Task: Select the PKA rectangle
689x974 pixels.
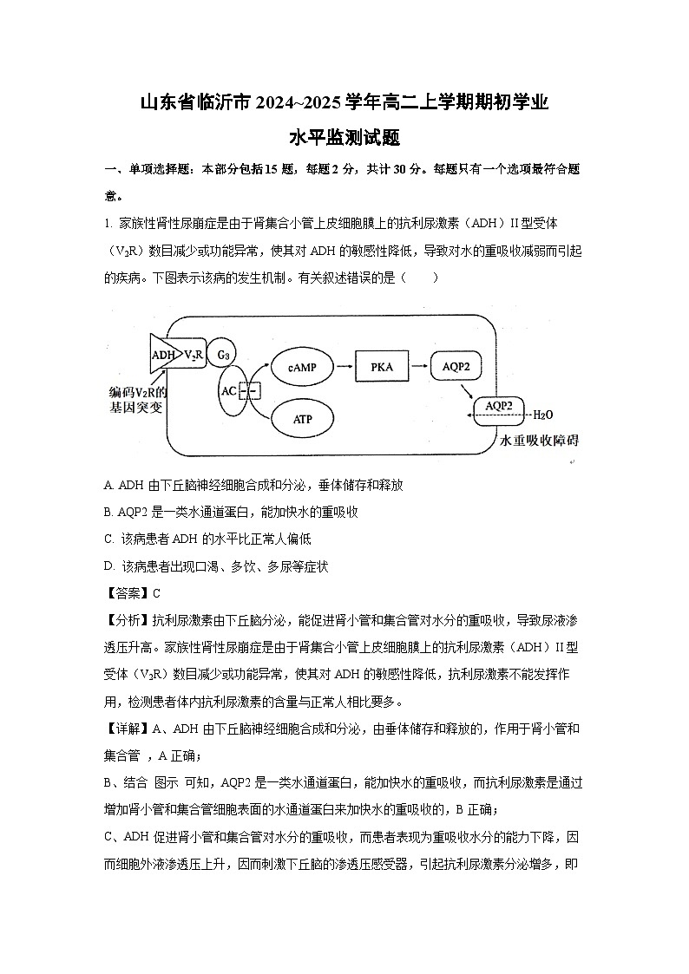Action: pyautogui.click(x=382, y=367)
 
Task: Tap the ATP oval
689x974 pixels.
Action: pyautogui.click(x=301, y=420)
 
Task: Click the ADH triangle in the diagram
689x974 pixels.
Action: pyautogui.click(x=161, y=355)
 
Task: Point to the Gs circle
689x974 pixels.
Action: pyautogui.click(x=222, y=354)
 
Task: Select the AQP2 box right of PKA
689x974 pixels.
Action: pyautogui.click(x=456, y=367)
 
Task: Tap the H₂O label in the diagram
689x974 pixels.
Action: pyautogui.click(x=542, y=415)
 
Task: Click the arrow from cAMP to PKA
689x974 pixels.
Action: pyautogui.click(x=340, y=367)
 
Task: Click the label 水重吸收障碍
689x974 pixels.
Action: pyautogui.click(x=539, y=441)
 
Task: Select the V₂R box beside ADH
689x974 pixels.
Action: pyautogui.click(x=192, y=355)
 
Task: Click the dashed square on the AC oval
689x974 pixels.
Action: pyautogui.click(x=249, y=391)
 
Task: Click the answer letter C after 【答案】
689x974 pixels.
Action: pyautogui.click(x=156, y=594)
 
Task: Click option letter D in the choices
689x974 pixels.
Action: pyautogui.click(x=108, y=566)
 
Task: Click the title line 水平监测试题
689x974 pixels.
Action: pyautogui.click(x=344, y=137)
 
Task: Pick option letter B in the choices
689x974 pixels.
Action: pyautogui.click(x=108, y=512)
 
